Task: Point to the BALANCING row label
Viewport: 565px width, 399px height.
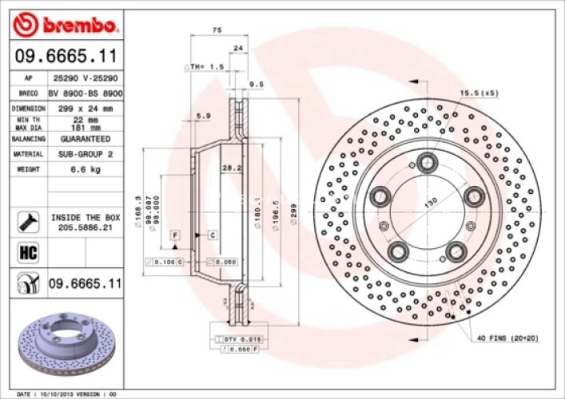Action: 28,138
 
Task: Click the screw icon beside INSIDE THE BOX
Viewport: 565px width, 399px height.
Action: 28,222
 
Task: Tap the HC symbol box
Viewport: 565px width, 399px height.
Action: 28,254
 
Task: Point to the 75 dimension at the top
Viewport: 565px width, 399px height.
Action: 216,30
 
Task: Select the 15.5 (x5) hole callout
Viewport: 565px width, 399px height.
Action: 479,93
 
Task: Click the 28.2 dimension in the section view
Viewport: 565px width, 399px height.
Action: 231,168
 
